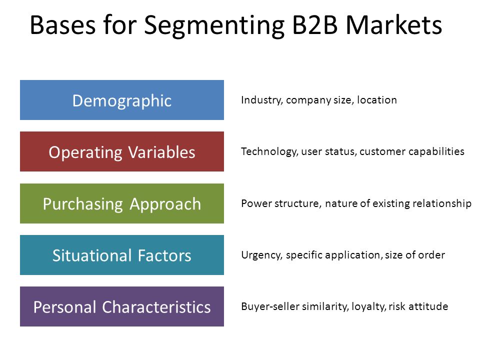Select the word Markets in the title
tap(394, 24)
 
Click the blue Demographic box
tap(122, 100)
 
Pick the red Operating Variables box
tap(122, 151)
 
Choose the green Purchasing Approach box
tap(122, 203)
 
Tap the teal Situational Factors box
tap(122, 255)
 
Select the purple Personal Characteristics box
tap(122, 306)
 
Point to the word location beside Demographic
tap(377, 100)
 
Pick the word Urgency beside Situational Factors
tap(261, 255)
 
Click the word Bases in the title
tap(62, 24)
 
